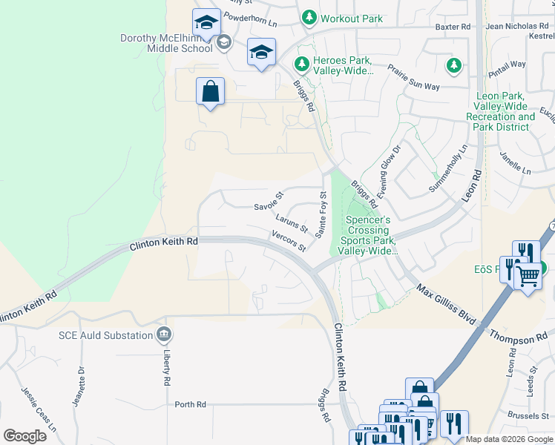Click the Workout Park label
351,18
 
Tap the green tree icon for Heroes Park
301,65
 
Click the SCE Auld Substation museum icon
162,335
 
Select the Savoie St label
269,201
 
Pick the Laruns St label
291,222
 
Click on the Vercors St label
289,242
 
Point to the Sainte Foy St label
322,215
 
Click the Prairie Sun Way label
414,78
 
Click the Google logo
24,435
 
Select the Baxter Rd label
453,27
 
